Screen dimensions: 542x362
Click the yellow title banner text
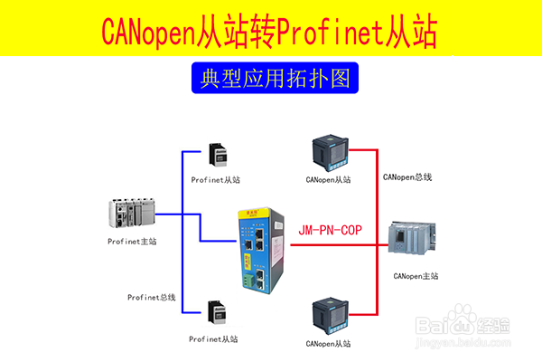270,30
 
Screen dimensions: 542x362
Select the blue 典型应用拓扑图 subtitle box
270,78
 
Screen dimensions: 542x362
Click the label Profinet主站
132,241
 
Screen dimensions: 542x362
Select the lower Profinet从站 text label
214,338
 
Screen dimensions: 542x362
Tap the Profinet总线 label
151,297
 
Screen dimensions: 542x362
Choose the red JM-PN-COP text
330,232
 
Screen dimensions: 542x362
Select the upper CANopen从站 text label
328,179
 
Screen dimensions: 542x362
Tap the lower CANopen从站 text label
328,344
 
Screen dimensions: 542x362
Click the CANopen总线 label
407,176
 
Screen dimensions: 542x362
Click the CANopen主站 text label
416,275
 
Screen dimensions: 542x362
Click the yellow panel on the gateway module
242,257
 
